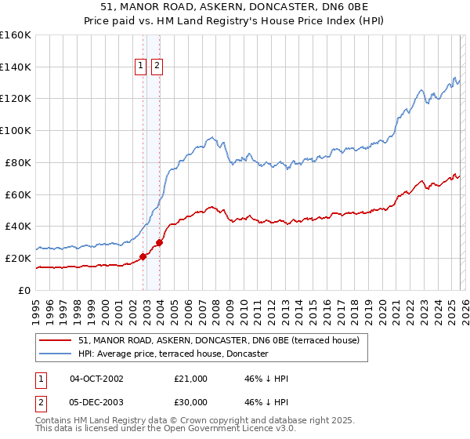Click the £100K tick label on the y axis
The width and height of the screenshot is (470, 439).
pyautogui.click(x=15, y=131)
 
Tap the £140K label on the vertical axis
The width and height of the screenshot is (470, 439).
pyautogui.click(x=15, y=67)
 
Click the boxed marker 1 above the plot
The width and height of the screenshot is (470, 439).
pyautogui.click(x=141, y=67)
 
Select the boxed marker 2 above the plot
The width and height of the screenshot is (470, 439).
pyautogui.click(x=157, y=67)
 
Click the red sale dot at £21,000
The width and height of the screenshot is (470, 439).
pyautogui.click(x=143, y=256)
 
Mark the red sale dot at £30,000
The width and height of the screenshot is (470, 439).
pyautogui.click(x=159, y=242)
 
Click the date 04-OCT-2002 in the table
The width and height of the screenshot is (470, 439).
pyautogui.click(x=96, y=379)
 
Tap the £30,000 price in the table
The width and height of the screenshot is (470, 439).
pyautogui.click(x=191, y=403)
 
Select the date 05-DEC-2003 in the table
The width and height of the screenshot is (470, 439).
pyautogui.click(x=96, y=403)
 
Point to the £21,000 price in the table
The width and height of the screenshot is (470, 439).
pyautogui.click(x=191, y=379)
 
